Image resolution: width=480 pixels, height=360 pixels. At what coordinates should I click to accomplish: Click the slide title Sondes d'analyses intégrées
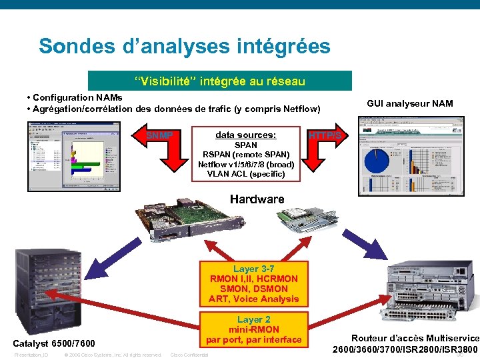(184, 46)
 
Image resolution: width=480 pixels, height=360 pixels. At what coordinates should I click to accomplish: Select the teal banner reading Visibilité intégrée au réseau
(219, 81)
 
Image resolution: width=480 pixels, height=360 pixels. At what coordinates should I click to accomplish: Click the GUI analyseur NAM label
(409, 103)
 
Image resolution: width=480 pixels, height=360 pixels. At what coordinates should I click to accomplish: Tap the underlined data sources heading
(245, 135)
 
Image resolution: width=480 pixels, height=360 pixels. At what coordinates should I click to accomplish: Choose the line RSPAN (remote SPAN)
(246, 155)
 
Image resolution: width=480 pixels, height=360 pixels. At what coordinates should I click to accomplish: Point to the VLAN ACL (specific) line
(246, 174)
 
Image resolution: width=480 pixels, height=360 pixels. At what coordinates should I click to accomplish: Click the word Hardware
(257, 199)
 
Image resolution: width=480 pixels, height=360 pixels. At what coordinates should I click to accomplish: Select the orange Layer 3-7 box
(253, 284)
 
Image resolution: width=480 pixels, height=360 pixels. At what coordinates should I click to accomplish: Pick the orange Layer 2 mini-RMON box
(253, 329)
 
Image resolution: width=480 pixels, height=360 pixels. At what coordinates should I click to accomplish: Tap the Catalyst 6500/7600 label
(54, 344)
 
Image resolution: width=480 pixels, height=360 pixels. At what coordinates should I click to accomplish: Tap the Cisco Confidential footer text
(189, 355)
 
